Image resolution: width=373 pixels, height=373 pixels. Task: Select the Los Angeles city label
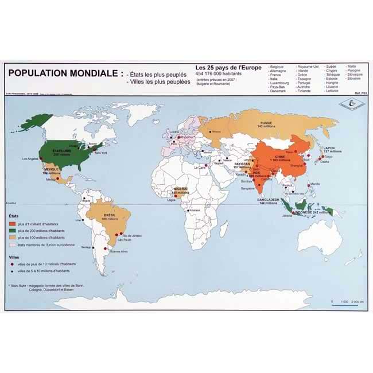31,158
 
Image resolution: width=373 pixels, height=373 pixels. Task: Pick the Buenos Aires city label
118,252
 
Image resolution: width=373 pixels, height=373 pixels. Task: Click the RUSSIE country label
266,124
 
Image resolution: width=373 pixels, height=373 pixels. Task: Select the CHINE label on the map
280,156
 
